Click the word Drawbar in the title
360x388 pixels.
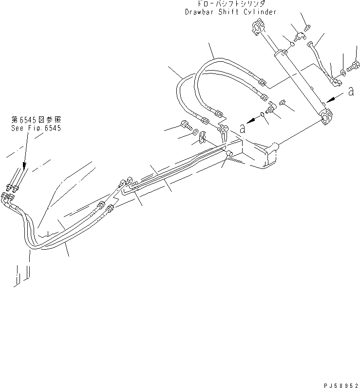pyautogui.click(x=199, y=12)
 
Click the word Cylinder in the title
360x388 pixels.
pyautogui.click(x=260, y=12)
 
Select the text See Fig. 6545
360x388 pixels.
pyautogui.click(x=36, y=128)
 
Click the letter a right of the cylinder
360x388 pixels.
pyautogui.click(x=351, y=92)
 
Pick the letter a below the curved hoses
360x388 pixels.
pyautogui.click(x=243, y=129)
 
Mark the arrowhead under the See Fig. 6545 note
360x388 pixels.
pyautogui.click(x=24, y=166)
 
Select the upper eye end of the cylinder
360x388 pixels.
pyautogui.click(x=258, y=28)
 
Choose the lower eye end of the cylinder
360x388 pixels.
pyautogui.click(x=326, y=116)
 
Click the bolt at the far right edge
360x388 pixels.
pyautogui.click(x=353, y=66)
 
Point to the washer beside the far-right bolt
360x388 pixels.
pyautogui.click(x=343, y=73)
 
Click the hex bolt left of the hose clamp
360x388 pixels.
pyautogui.click(x=186, y=125)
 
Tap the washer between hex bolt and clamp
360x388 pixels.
pyautogui.click(x=195, y=131)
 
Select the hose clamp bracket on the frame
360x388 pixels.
pyautogui.click(x=203, y=137)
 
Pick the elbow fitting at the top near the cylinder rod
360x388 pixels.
pyautogui.click(x=300, y=37)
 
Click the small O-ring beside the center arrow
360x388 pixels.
pyautogui.click(x=262, y=114)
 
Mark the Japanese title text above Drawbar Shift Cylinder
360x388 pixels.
pyautogui.click(x=231, y=3)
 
